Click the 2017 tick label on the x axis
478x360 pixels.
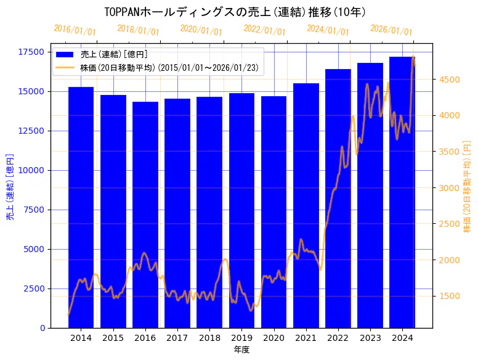coord(177,338)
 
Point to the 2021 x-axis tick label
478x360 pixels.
coord(306,338)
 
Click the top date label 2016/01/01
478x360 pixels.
coord(75,30)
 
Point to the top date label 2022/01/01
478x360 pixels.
coord(265,30)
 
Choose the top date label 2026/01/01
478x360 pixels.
coord(392,30)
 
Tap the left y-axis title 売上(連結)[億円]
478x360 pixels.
coord(10,187)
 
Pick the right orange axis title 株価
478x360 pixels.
coord(467,187)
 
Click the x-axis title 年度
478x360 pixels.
coord(241,350)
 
